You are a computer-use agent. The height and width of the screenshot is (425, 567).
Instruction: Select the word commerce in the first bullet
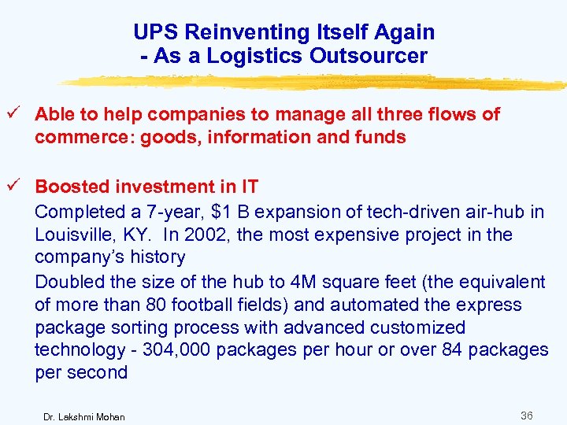(x=76, y=137)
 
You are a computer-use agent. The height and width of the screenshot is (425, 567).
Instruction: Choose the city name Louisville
(x=77, y=235)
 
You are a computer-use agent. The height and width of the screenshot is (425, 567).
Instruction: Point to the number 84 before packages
(x=449, y=350)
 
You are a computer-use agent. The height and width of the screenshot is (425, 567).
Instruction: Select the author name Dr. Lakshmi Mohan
(x=83, y=416)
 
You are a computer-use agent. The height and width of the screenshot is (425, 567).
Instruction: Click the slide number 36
(x=526, y=415)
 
